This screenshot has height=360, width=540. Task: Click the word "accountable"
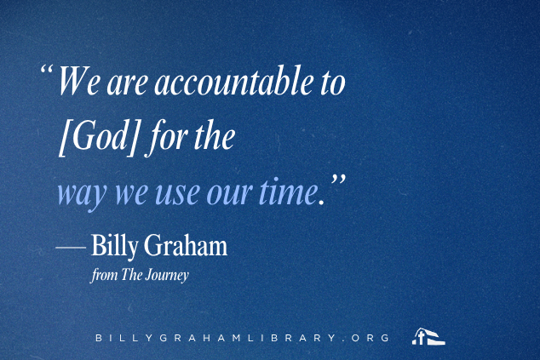coord(234,81)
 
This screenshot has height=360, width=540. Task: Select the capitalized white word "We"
coord(79,81)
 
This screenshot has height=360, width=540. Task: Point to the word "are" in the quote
coord(128,84)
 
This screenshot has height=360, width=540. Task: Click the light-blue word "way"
coord(82,194)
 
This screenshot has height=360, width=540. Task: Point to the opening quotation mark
coord(47,69)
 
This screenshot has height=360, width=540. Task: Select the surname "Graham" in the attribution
coord(186,245)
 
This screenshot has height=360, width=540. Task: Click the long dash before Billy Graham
coord(71,247)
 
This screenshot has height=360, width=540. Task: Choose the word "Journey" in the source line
coord(167,276)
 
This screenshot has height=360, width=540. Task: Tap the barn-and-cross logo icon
coord(428,336)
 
